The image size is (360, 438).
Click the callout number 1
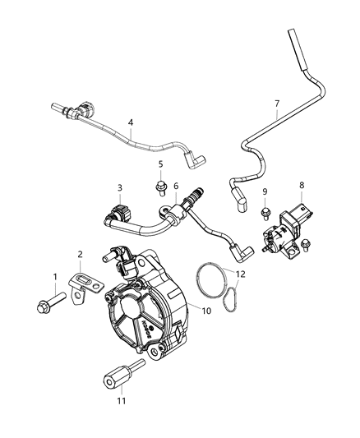tap(55, 276)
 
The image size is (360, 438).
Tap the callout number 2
tap(80, 255)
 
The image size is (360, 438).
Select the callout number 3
tap(119, 189)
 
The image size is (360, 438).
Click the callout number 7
tap(277, 104)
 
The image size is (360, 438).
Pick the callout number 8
tap(302, 186)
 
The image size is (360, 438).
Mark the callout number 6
tap(176, 187)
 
